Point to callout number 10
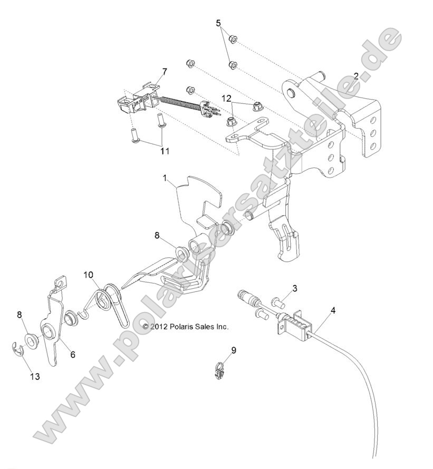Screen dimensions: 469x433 pyautogui.click(x=88, y=275)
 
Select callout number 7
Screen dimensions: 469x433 pyautogui.click(x=150, y=71)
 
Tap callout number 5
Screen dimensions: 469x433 pyautogui.click(x=218, y=23)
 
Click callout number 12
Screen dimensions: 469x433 pyautogui.click(x=226, y=98)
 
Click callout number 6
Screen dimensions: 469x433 pyautogui.click(x=72, y=355)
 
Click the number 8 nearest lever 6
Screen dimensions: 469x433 pyautogui.click(x=20, y=315)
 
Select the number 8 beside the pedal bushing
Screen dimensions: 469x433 pyautogui.click(x=157, y=236)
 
